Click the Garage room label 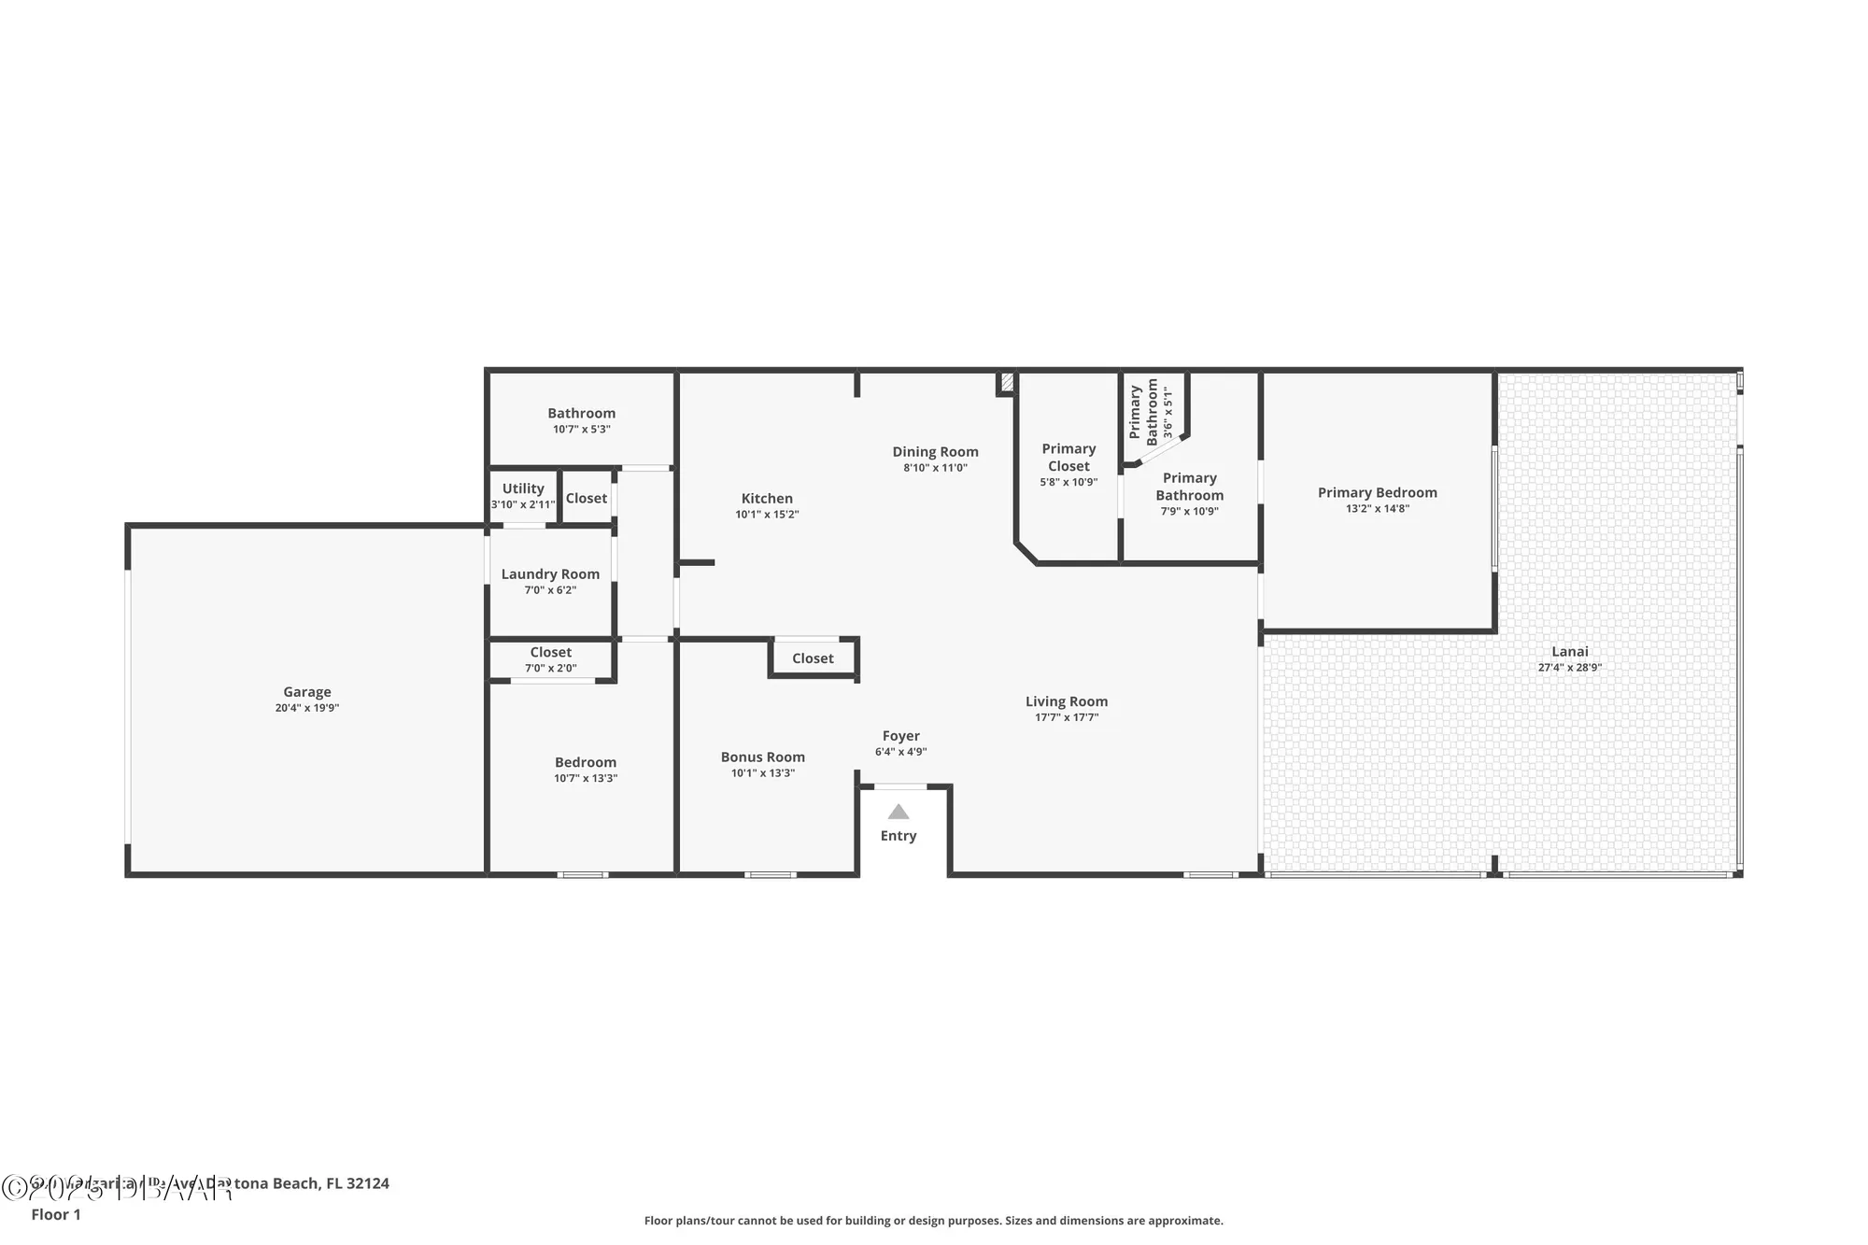click(307, 692)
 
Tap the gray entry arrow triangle click(898, 812)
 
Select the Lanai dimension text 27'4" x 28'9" click(1569, 668)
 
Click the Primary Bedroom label click(1377, 492)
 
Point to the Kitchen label click(767, 499)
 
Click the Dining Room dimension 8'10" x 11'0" click(935, 468)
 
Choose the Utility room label click(523, 488)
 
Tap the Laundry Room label click(550, 574)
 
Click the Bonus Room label click(762, 757)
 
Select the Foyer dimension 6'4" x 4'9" click(900, 752)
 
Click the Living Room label click(1067, 701)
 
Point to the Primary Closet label click(1068, 458)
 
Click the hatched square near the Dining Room click(1007, 382)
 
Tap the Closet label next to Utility click(587, 499)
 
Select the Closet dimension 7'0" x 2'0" click(550, 669)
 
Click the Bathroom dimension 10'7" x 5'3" click(581, 430)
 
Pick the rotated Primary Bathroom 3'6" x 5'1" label click(1151, 412)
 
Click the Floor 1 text click(56, 1214)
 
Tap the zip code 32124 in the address click(367, 1183)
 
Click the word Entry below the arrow click(898, 836)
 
